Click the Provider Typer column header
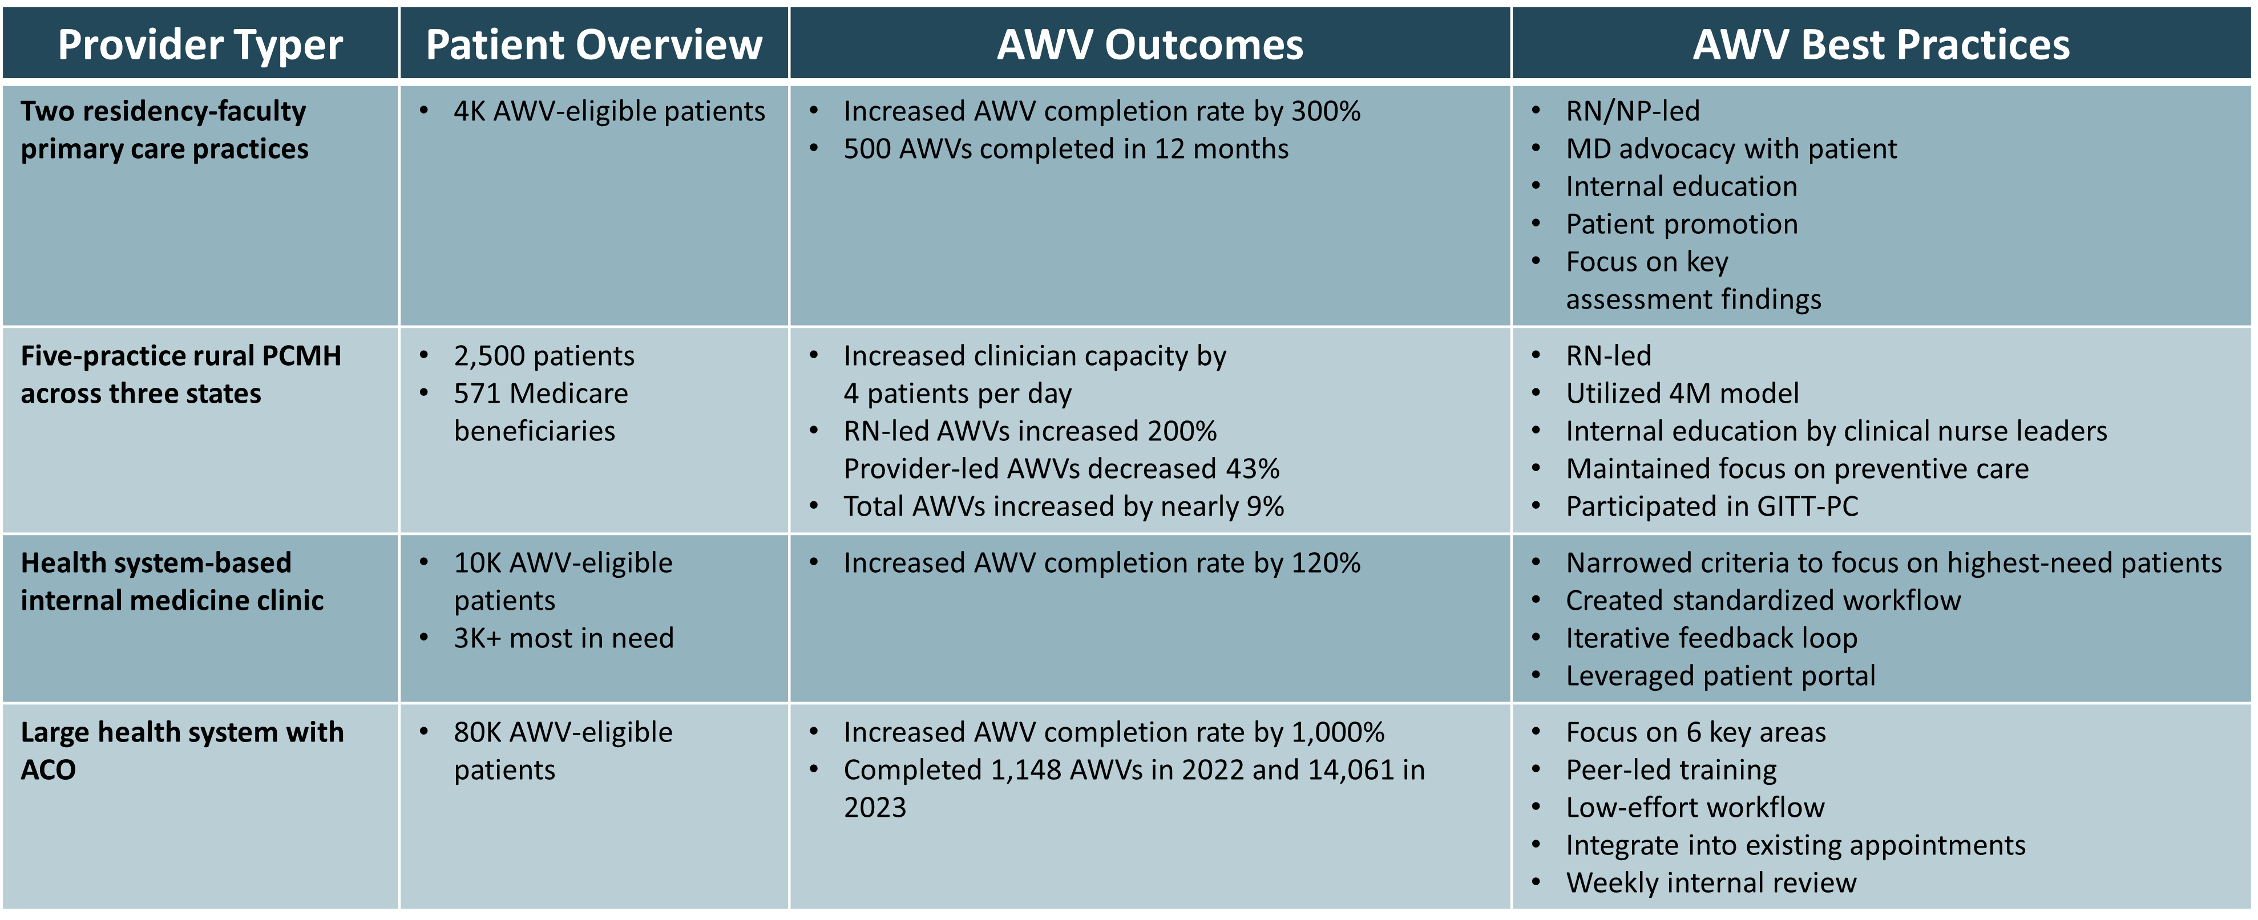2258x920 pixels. click(200, 44)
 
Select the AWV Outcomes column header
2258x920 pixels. click(1149, 44)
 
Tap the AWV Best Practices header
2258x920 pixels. click(1880, 44)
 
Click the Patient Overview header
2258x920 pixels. click(593, 44)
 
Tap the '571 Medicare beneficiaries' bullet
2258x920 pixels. click(540, 412)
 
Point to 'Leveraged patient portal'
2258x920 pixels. click(1720, 675)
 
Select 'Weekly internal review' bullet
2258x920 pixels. click(1710, 882)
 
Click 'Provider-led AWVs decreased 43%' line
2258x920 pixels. click(1061, 469)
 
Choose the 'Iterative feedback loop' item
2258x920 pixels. click(1711, 638)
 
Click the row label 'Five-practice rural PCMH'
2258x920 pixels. click(180, 356)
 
